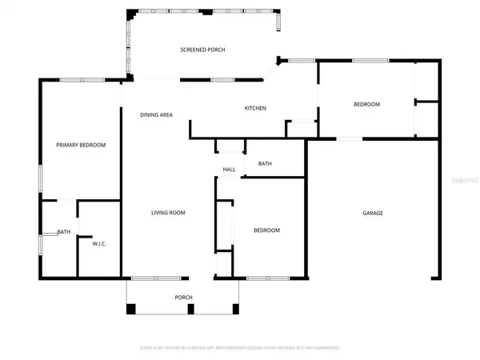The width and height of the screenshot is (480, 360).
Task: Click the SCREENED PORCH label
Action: tap(202, 50)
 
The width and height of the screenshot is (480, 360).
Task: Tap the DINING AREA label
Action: tap(157, 115)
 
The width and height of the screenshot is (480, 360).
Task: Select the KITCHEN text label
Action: tap(255, 109)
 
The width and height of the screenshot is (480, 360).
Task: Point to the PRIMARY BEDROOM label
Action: tap(81, 145)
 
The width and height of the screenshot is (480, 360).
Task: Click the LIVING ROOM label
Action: tap(169, 213)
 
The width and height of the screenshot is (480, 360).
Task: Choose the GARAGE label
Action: tap(373, 213)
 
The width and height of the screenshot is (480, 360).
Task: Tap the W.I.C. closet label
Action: tap(100, 243)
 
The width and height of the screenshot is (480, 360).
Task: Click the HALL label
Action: tap(229, 170)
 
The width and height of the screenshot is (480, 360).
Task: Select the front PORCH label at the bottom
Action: tap(183, 297)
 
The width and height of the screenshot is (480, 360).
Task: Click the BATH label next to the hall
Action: tap(265, 164)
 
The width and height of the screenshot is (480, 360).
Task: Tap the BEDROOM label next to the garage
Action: tap(266, 230)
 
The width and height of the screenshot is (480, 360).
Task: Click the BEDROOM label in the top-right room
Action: tap(367, 105)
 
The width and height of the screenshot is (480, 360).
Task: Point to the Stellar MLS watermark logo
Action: tap(462, 182)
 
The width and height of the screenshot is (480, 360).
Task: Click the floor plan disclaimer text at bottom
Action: tap(240, 348)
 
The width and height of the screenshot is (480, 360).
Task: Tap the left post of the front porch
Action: tap(132, 308)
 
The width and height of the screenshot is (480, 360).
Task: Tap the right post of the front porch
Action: tap(234, 308)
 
